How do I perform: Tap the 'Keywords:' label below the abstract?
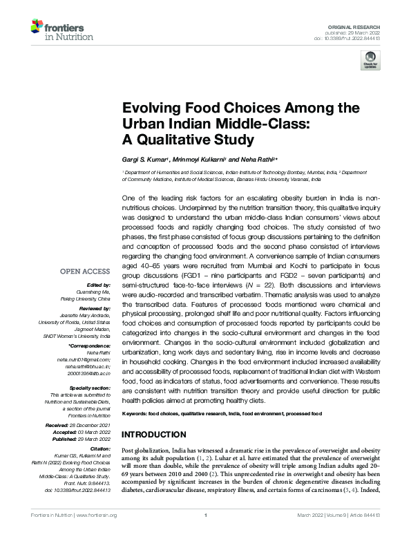coord(136,413)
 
